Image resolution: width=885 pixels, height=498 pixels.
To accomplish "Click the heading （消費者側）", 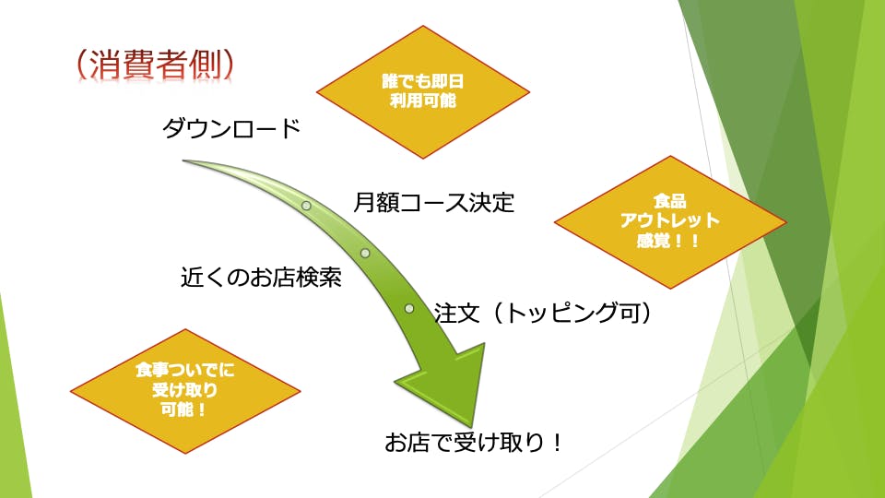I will [x=155, y=63].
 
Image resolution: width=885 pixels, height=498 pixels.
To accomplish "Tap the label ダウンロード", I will [x=231, y=129].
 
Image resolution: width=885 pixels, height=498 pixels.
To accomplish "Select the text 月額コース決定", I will [x=433, y=202].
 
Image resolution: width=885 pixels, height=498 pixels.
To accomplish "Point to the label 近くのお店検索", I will [x=261, y=278].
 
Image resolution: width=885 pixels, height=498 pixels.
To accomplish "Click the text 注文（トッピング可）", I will [x=544, y=314].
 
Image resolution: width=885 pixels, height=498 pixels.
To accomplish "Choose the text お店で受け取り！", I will [x=474, y=443].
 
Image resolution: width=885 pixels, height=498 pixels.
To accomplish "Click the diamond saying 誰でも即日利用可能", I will [x=423, y=92].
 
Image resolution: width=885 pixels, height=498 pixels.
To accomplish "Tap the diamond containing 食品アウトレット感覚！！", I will [x=670, y=221].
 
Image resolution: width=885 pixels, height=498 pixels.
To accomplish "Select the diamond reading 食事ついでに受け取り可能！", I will [x=185, y=390].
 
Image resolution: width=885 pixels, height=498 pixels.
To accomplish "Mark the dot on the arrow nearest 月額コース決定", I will [x=306, y=206].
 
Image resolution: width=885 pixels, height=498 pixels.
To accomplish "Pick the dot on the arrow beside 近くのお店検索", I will [x=365, y=253].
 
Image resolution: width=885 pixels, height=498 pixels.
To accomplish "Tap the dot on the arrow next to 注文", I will [x=408, y=307].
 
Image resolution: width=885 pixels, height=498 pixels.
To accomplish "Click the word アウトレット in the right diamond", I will [x=670, y=221].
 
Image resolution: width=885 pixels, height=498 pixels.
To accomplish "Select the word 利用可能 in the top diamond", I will [x=423, y=101].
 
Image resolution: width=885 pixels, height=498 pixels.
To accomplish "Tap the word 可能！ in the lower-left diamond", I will [x=185, y=409].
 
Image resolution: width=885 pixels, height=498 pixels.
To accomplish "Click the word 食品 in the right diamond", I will [x=670, y=202].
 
